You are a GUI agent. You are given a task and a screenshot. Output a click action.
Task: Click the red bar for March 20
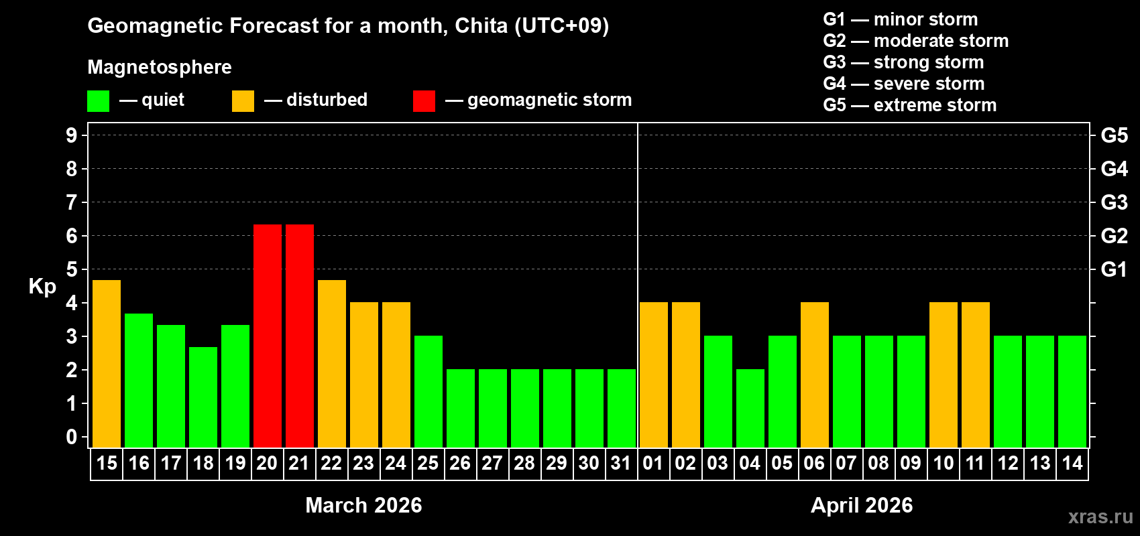pos(268,336)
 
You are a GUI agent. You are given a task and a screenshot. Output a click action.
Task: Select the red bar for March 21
pos(300,336)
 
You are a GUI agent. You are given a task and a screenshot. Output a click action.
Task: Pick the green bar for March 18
pos(203,397)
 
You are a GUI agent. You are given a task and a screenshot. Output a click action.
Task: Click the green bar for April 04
pos(750,408)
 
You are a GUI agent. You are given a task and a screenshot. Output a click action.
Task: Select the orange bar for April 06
pos(815,375)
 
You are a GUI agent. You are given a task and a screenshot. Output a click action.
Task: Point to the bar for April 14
pos(1072,391)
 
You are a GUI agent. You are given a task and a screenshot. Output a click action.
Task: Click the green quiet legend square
pos(99,101)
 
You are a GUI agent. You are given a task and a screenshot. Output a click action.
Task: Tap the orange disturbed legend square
pos(243,101)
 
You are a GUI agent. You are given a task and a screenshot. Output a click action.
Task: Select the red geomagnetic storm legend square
pos(424,101)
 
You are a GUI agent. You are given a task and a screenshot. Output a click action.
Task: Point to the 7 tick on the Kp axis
pos(72,202)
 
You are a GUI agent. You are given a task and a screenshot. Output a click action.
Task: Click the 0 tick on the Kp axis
pos(72,437)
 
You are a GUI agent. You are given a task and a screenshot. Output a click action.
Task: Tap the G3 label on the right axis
pos(1114,202)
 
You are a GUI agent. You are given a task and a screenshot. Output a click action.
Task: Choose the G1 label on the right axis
pos(1114,269)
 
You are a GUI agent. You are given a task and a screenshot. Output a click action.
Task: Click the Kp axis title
pos(42,286)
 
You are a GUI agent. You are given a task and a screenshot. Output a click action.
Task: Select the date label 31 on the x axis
pos(621,464)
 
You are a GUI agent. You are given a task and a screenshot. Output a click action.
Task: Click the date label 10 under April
pos(944,464)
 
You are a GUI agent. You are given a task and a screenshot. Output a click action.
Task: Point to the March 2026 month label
pos(363,505)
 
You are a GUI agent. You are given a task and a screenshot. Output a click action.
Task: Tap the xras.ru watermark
pos(1100,517)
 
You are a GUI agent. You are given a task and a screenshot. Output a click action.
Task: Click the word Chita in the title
pos(481,25)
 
